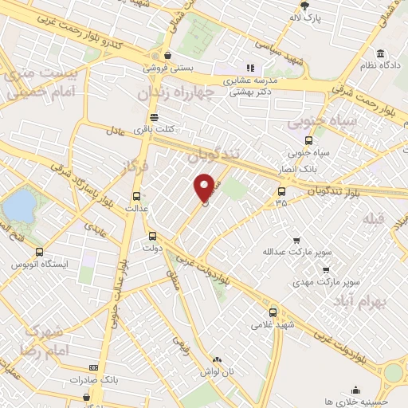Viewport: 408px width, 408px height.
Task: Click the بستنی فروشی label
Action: (x=168, y=69)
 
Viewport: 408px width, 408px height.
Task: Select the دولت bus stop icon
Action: (x=153, y=236)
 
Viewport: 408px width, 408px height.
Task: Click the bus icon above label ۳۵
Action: (x=280, y=191)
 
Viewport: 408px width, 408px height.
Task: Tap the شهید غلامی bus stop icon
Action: (x=273, y=313)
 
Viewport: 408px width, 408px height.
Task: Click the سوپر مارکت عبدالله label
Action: (x=296, y=252)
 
